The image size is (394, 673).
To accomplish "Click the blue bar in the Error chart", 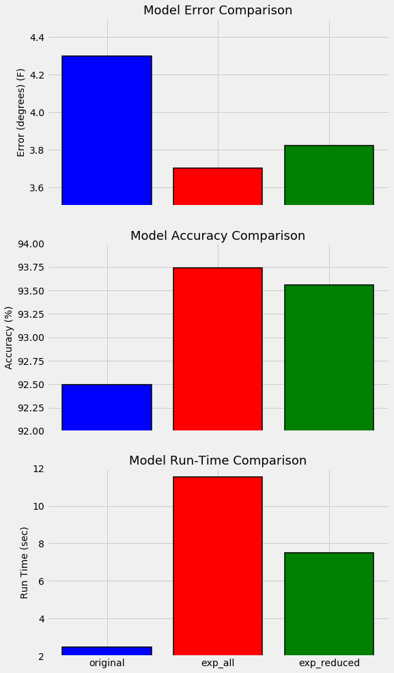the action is [107, 130].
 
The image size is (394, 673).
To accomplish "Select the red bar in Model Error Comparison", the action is [218, 187].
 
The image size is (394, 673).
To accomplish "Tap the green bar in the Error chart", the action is [329, 175].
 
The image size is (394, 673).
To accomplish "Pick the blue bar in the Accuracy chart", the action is [107, 407].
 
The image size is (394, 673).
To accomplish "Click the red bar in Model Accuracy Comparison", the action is [218, 349].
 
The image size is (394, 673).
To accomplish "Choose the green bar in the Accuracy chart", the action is [329, 357].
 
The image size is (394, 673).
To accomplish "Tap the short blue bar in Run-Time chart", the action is [107, 650].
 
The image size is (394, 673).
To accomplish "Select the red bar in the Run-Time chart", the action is [218, 566].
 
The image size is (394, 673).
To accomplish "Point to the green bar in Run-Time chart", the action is [329, 604].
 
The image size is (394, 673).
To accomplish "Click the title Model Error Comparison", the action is [218, 10].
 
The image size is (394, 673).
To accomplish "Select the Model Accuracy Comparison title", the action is [218, 236].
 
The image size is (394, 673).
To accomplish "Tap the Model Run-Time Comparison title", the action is [218, 461].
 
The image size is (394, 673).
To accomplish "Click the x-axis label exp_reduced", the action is [329, 663].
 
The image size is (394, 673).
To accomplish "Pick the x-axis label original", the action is [107, 663].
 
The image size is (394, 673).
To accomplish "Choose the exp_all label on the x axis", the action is [218, 663].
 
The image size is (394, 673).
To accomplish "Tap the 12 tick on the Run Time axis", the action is [39, 469].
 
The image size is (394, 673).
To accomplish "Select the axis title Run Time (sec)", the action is [24, 563].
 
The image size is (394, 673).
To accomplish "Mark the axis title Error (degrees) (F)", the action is [20, 113].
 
